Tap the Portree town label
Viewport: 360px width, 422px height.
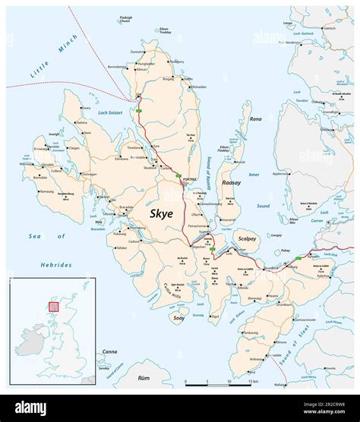189,178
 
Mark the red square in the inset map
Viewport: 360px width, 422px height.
53,306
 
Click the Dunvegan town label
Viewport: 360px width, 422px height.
90,174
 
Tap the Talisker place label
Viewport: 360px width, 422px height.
122,247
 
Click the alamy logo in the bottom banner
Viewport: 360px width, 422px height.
30,408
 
